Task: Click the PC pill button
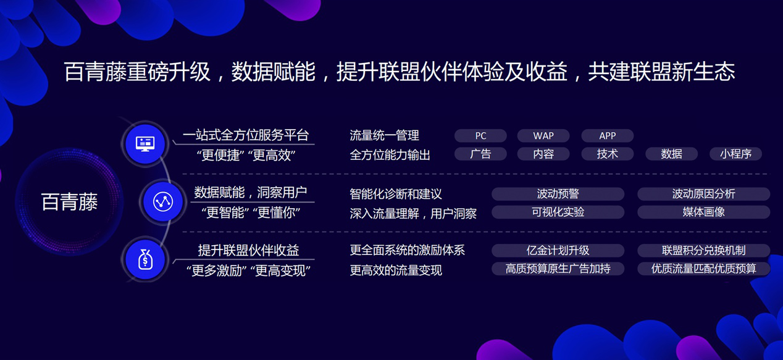(x=480, y=136)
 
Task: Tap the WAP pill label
(x=543, y=136)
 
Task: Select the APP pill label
(x=607, y=136)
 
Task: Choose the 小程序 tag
(x=735, y=154)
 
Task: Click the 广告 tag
(x=480, y=154)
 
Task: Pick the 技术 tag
(x=607, y=154)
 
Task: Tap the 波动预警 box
(x=558, y=194)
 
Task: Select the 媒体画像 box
(x=703, y=212)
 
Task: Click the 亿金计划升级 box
(x=558, y=250)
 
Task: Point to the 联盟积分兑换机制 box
(x=703, y=250)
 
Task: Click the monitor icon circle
(x=145, y=144)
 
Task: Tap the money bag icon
(x=145, y=260)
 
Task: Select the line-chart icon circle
(x=163, y=201)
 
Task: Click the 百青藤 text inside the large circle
(x=69, y=202)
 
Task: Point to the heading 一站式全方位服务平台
(x=245, y=135)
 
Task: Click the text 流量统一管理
(x=384, y=135)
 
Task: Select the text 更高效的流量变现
(x=396, y=270)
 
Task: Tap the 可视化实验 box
(x=558, y=212)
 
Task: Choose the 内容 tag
(x=543, y=154)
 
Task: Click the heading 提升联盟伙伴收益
(x=248, y=250)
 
